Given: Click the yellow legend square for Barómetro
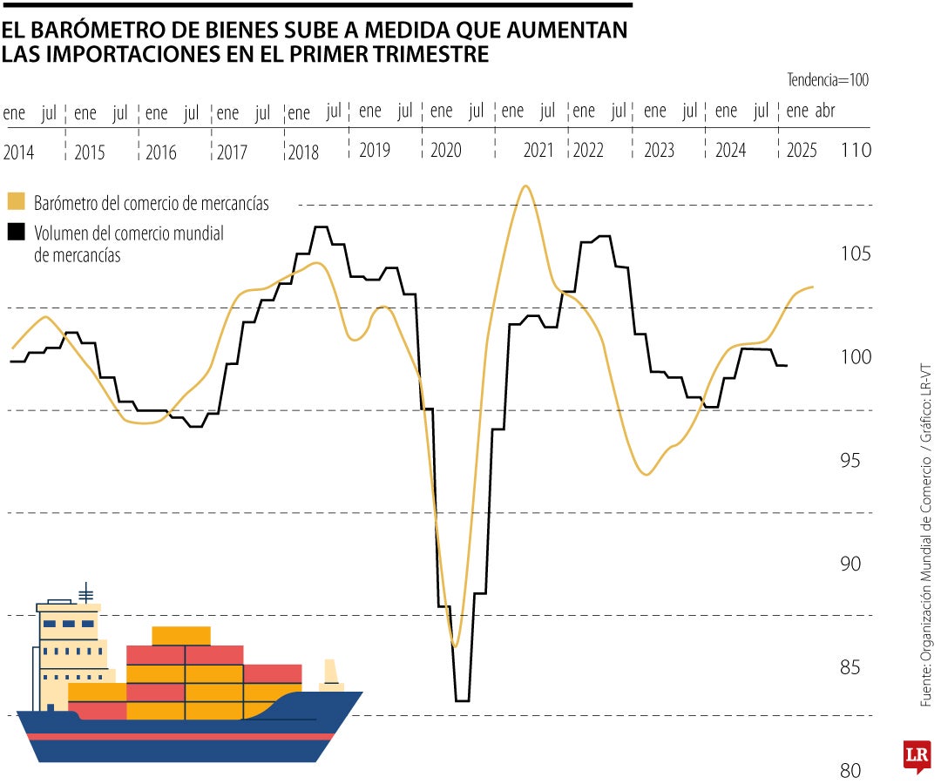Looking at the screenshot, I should coord(16,201).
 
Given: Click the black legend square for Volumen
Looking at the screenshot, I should coord(16,233).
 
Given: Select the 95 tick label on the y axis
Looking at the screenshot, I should coord(854,460).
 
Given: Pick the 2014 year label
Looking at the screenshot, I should coord(18,152).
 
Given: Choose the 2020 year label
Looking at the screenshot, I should coord(445,151).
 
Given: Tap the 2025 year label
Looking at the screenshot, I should coord(801,151).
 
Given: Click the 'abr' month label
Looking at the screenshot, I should coord(825,112).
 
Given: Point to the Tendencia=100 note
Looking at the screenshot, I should coord(828,80).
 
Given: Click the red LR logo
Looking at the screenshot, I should coord(917,754).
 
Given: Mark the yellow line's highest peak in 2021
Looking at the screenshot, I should coord(525,186).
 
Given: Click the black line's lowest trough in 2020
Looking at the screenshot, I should coord(462,700).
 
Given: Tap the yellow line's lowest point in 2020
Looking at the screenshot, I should coord(454,645).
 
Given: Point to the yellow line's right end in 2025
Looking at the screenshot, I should coord(813,287).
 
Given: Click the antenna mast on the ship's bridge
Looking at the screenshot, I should coord(85,592).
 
